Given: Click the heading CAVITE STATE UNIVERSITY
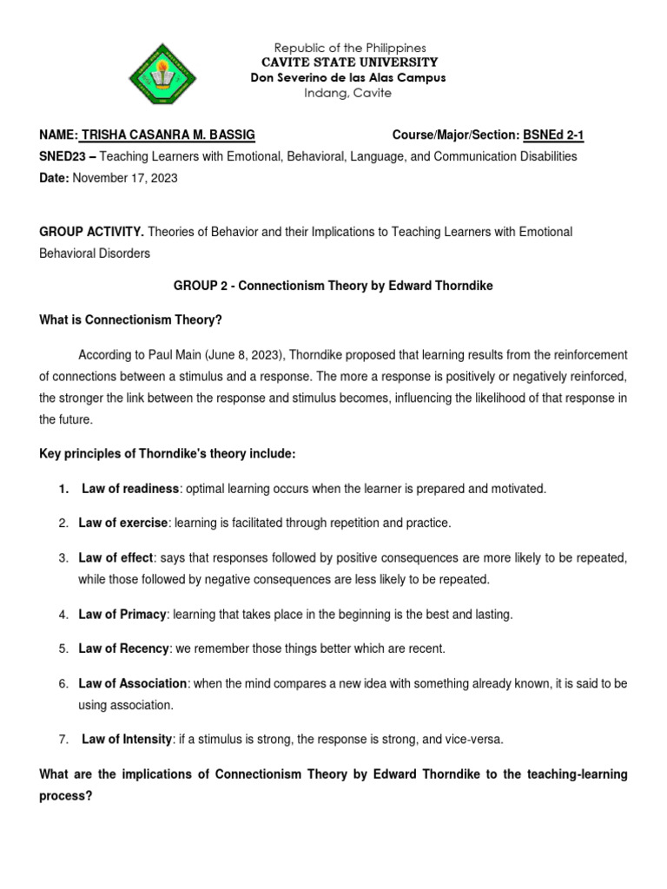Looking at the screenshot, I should tap(350, 63).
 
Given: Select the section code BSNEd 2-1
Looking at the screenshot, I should tap(559, 135).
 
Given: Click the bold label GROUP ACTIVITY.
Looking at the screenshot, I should tap(91, 232).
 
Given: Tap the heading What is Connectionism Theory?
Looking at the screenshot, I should tap(131, 319).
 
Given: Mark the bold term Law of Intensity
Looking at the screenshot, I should tap(127, 740).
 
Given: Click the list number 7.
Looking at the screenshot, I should tap(63, 740).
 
